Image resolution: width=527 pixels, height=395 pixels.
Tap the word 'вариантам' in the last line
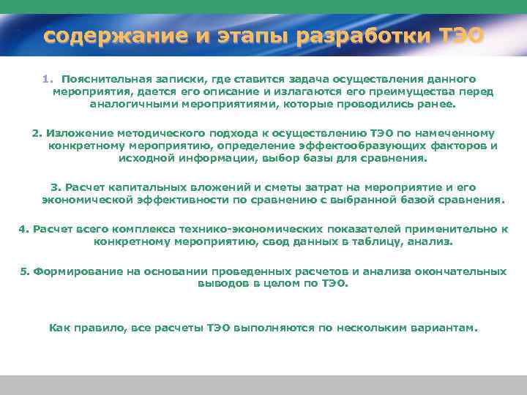tap(442, 328)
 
